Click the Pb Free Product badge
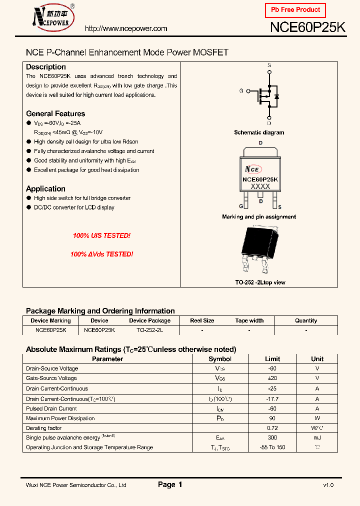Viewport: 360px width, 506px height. point(295,10)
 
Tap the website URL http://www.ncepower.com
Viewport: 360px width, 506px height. point(126,28)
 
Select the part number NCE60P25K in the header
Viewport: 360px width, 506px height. point(307,28)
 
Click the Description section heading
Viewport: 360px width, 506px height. point(46,67)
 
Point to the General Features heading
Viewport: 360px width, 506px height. point(55,113)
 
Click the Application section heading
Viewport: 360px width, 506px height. point(45,188)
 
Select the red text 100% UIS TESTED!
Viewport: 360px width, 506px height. point(101,235)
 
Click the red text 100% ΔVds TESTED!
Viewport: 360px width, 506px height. point(101,254)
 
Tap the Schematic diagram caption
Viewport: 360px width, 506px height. point(259,132)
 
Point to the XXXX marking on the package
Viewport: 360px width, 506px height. point(260,186)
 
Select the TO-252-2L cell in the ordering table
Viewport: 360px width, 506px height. point(149,330)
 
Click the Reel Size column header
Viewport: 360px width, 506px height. point(202,320)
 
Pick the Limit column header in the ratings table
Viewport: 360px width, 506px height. point(272,359)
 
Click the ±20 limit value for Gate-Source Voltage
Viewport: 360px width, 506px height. point(272,378)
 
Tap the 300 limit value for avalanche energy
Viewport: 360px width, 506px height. point(272,437)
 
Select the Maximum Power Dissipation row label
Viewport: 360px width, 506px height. point(60,418)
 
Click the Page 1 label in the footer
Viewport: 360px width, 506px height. point(170,484)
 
